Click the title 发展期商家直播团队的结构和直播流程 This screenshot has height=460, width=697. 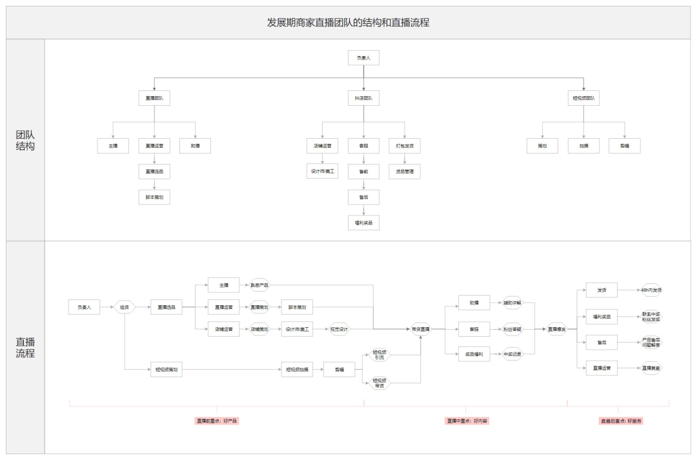[348, 23]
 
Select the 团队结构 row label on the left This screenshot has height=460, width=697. [25, 140]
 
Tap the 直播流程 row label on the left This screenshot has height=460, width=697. [25, 348]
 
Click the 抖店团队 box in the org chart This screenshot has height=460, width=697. [363, 98]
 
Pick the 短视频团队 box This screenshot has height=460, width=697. [583, 98]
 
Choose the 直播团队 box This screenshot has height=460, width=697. [154, 98]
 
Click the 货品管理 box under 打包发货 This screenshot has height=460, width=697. [405, 171]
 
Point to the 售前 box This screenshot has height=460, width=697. [363, 171]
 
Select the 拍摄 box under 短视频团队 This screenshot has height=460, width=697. [583, 146]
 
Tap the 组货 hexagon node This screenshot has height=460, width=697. [125, 307]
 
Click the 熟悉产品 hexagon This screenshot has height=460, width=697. [259, 285]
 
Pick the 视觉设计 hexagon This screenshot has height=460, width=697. [339, 329]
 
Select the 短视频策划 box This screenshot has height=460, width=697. [167, 370]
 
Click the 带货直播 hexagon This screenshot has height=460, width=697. [421, 329]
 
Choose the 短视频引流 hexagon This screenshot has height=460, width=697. [379, 355]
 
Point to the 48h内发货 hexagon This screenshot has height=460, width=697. [651, 290]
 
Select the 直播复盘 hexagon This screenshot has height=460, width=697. [651, 368]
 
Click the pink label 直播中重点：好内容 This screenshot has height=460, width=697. [467, 421]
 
